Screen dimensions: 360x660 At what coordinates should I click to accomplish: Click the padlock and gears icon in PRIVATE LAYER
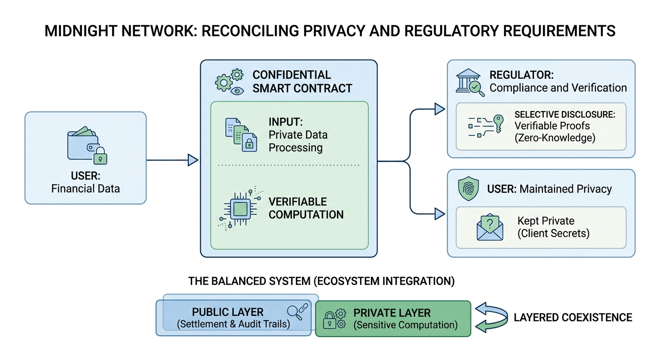[x=335, y=318]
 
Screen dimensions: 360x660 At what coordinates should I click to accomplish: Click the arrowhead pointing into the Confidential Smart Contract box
[x=192, y=160]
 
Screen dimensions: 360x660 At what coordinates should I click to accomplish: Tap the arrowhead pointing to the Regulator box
[x=439, y=109]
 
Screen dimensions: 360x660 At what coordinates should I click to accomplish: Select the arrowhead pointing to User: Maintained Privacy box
[x=439, y=214]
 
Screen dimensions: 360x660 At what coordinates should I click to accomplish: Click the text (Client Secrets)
[x=553, y=233]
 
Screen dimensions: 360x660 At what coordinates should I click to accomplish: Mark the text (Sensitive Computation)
[x=405, y=325]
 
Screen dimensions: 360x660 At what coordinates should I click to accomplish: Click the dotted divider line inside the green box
[x=289, y=165]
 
